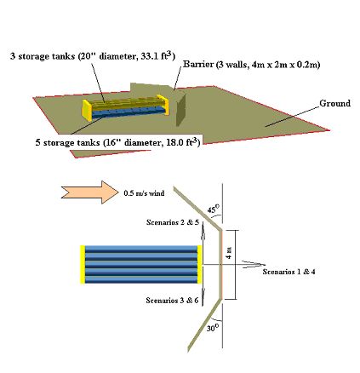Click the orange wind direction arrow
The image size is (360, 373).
click(x=89, y=192)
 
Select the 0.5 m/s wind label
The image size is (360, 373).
click(x=144, y=193)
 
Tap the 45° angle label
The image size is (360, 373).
click(x=214, y=209)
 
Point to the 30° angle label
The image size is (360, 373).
click(x=213, y=328)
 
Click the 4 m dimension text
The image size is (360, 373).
click(x=229, y=253)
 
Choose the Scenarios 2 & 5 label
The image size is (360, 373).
click(x=173, y=222)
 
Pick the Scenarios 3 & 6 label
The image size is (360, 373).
click(x=172, y=300)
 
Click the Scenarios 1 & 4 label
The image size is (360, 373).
click(x=289, y=272)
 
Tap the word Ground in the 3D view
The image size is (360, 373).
click(x=334, y=103)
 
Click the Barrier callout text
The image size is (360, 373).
click(x=251, y=65)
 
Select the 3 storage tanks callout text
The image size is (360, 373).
click(x=93, y=55)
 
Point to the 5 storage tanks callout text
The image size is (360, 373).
click(x=117, y=142)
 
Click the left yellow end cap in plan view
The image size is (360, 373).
click(x=83, y=264)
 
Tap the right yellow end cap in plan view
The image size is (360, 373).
click(x=199, y=264)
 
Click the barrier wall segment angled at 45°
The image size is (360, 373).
click(x=197, y=208)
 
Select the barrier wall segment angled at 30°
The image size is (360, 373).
click(x=204, y=325)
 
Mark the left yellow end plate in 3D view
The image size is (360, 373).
click(x=87, y=111)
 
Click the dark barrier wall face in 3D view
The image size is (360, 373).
click(x=181, y=110)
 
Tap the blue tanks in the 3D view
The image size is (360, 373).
click(x=128, y=112)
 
